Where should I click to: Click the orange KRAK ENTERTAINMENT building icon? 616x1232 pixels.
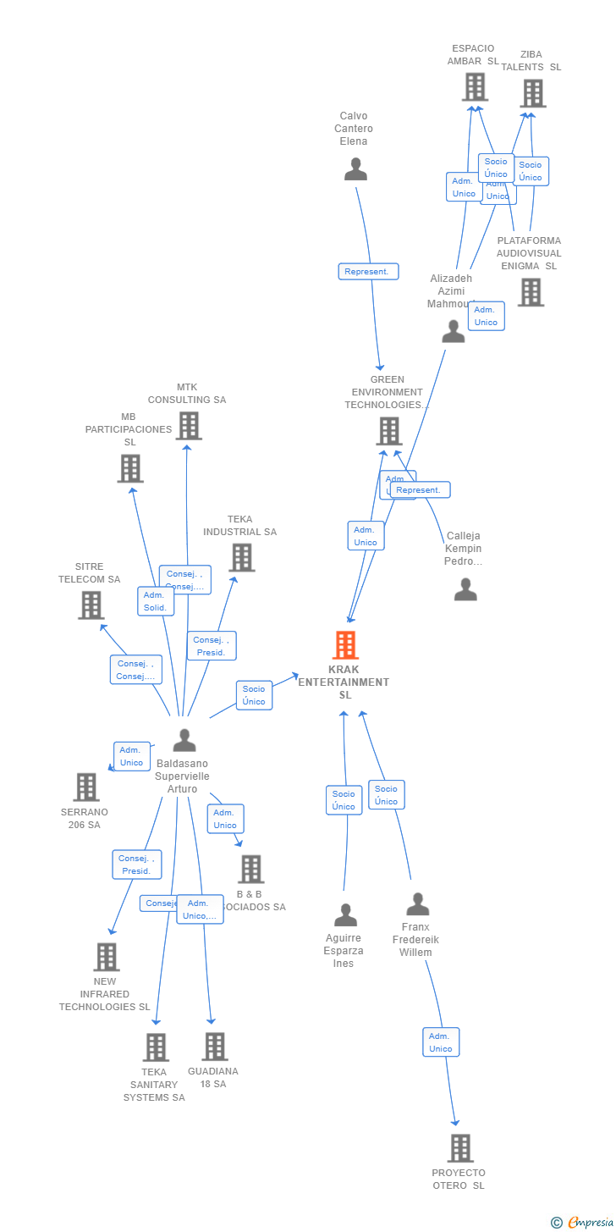[x=345, y=645]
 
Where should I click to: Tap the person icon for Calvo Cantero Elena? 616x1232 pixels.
[x=355, y=169]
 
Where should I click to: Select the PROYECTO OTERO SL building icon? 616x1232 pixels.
[x=460, y=1148]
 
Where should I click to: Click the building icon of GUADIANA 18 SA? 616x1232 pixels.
[x=215, y=1047]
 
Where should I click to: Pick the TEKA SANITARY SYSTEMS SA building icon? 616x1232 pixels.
[x=156, y=1047]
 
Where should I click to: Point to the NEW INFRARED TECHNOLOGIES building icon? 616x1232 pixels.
[x=106, y=957]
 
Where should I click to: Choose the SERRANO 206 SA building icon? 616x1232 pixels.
[x=86, y=787]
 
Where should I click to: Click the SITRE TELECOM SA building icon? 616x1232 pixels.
[x=91, y=605]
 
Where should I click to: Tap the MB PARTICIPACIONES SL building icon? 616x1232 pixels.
[x=130, y=468]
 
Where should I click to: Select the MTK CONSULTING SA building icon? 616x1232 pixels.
[x=188, y=425]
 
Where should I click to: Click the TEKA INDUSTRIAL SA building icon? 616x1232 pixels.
[x=242, y=557]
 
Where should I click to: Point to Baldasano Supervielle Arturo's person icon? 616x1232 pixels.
[x=184, y=740]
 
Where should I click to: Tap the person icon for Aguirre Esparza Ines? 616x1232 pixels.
[x=345, y=915]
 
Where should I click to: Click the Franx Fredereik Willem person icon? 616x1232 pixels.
[x=418, y=904]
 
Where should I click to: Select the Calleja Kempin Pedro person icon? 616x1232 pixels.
[x=465, y=589]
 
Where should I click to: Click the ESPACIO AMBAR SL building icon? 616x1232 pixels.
[x=475, y=86]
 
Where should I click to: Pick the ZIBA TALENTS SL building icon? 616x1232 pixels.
[x=532, y=93]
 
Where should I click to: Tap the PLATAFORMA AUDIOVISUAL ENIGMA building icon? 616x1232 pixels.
[x=531, y=292]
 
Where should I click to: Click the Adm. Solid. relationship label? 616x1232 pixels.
[x=156, y=601]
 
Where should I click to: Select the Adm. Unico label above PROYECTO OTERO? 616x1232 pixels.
[x=441, y=1042]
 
